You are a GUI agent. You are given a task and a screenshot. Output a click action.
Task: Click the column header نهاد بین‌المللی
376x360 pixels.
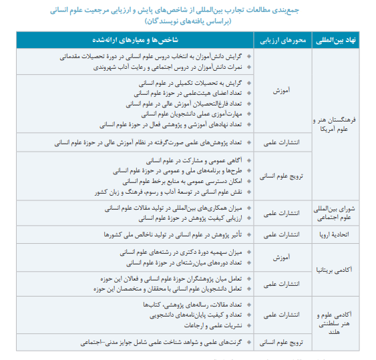tap(339, 40)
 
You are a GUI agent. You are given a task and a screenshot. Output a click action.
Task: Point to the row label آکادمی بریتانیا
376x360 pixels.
tap(339, 270)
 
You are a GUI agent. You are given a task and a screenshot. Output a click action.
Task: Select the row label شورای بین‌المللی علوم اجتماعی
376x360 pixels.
tap(339, 212)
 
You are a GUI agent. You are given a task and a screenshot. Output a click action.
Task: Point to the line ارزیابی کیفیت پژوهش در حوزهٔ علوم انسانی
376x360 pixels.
tap(186, 218)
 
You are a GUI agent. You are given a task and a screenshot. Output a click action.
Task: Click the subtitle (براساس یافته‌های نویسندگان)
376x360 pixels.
tap(188, 22)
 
